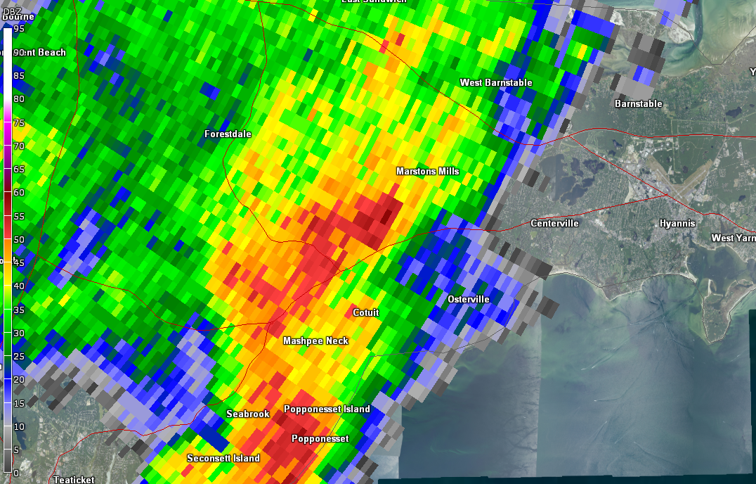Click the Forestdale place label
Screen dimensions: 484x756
pyautogui.click(x=228, y=134)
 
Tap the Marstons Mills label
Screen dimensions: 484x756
pyautogui.click(x=427, y=172)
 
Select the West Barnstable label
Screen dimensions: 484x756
pyautogui.click(x=496, y=83)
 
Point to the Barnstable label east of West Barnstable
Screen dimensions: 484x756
pyautogui.click(x=638, y=104)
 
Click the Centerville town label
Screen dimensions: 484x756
pyautogui.click(x=554, y=224)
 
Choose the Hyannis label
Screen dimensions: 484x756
pyautogui.click(x=677, y=224)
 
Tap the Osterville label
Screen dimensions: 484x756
pyautogui.click(x=469, y=300)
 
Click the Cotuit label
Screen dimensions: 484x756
pyautogui.click(x=365, y=313)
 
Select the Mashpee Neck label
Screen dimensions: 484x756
pyautogui.click(x=315, y=341)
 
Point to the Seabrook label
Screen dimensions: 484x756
pyautogui.click(x=247, y=414)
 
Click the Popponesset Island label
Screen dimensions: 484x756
pyautogui.click(x=327, y=409)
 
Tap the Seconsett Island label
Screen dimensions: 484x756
pyautogui.click(x=223, y=459)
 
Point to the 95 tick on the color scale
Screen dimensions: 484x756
pyautogui.click(x=18, y=29)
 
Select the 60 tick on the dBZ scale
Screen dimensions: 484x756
pyautogui.click(x=18, y=192)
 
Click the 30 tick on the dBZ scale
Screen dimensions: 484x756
pyautogui.click(x=18, y=333)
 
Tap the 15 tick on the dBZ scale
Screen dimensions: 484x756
pyautogui.click(x=18, y=403)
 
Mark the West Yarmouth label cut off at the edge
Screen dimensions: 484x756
pyautogui.click(x=734, y=238)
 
